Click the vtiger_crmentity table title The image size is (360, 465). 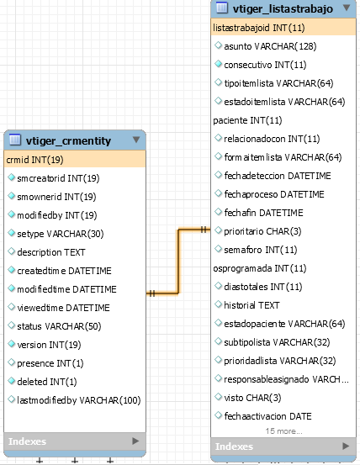coord(68,141)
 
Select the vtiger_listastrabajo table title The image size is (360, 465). coord(283,8)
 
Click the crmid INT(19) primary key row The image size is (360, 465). coord(34,160)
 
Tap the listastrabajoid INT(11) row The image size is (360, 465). coord(259,28)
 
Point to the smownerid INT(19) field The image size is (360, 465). coord(56,197)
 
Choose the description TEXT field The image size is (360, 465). coord(51,252)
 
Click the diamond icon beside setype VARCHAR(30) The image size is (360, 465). coord(11,233)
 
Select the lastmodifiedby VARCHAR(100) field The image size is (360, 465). coord(78,400)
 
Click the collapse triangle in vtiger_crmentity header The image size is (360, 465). coord(136,140)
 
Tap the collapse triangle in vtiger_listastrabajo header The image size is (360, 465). coord(347,8)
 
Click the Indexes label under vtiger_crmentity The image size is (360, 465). coord(27,441)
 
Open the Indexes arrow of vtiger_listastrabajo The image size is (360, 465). coord(346,446)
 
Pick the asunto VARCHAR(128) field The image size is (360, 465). coord(270,46)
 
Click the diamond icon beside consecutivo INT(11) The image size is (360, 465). coord(218,64)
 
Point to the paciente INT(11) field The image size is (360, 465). coord(247,120)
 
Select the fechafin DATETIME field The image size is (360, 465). coord(263,213)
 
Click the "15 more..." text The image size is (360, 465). coord(283,431)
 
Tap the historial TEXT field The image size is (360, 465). coord(251,305)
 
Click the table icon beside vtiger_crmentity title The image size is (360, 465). coord(15,140)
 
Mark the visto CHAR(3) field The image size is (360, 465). coord(252,398)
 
